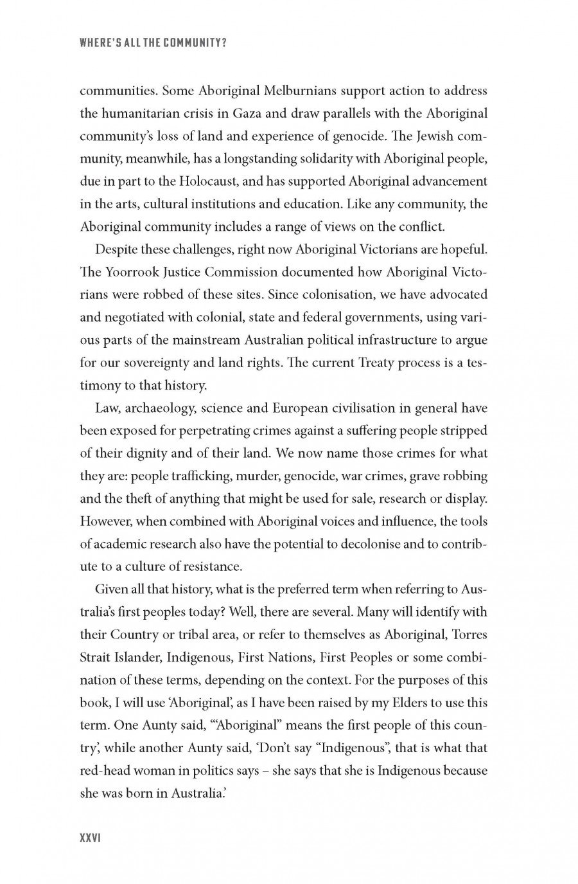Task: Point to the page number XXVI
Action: (x=91, y=838)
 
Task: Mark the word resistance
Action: (x=209, y=567)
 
